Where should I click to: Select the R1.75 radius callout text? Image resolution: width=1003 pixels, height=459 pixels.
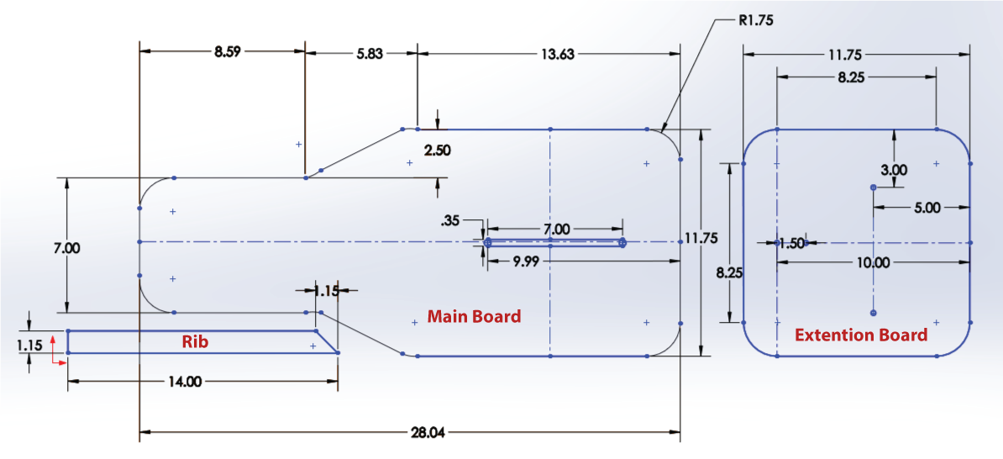coord(755,20)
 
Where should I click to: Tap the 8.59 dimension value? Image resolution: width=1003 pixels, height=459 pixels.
coord(228,50)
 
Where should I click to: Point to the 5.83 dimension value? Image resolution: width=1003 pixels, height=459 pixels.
coord(369,55)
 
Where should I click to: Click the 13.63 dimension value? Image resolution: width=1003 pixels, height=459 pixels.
coord(558,55)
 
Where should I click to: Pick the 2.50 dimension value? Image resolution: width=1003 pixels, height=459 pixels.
coord(438,151)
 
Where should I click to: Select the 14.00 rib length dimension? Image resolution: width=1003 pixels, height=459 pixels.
coord(185,382)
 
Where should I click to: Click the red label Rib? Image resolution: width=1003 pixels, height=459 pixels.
coord(195,342)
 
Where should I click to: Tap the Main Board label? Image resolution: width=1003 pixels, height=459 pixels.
coord(474,316)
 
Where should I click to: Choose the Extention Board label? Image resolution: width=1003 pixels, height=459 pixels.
coord(861,335)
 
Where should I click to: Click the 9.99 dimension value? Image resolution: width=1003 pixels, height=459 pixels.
coord(526,261)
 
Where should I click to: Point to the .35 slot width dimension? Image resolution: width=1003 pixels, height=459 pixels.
coord(449,221)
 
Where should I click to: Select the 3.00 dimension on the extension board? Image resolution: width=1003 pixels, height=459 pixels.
coord(894,171)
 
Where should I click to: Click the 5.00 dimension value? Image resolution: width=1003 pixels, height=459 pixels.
coord(927,208)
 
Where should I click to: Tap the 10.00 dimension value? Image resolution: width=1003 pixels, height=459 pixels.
coord(874,261)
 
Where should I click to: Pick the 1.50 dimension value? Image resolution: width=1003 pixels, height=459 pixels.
coord(793,243)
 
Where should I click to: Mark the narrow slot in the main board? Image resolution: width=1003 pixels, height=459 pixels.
coord(554,243)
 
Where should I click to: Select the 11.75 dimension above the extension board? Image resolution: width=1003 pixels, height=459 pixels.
coord(857,55)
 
